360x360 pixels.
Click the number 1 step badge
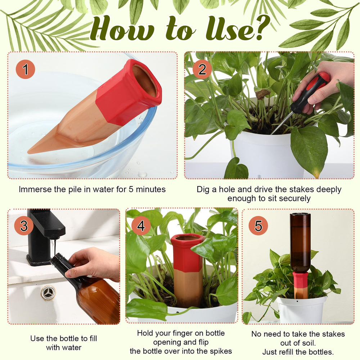[x=25, y=69]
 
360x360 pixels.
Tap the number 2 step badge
[x=202, y=69]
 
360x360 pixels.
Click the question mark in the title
[x=261, y=28]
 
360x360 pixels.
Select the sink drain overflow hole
[x=48, y=292]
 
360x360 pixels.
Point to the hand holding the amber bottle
[x=94, y=264]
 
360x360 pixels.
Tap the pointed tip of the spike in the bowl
[x=28, y=152]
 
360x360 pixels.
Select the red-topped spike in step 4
[x=187, y=271]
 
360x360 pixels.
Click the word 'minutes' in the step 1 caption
[x=150, y=189]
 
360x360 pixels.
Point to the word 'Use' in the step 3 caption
[x=37, y=338]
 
